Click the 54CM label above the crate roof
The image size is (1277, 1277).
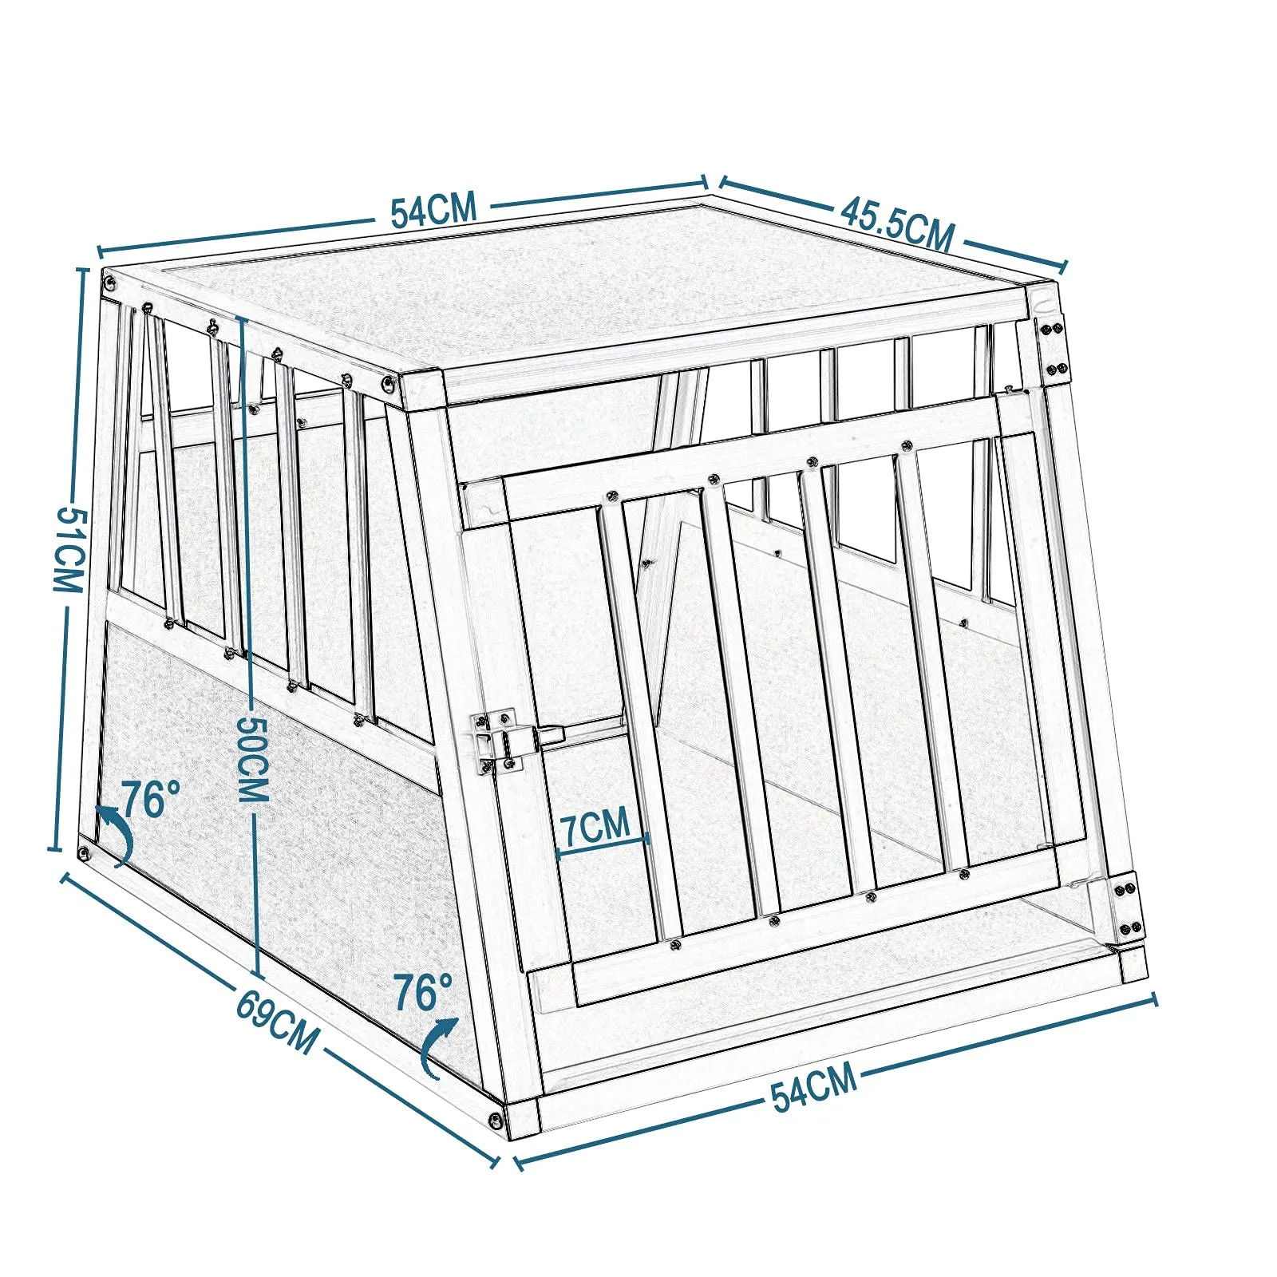pos(433,209)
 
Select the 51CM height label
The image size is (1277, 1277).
pos(69,550)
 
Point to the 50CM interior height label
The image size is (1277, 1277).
pos(255,758)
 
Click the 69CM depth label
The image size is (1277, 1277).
pos(277,1024)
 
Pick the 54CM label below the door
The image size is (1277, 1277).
pos(814,1086)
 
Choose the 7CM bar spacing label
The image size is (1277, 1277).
pos(595,827)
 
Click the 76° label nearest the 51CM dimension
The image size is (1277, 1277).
pos(150,798)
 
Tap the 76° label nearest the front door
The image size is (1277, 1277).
pos(423,992)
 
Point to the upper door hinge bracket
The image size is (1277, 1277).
pos(1051,348)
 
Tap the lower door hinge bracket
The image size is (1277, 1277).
pos(1127,907)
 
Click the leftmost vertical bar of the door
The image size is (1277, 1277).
pos(638,718)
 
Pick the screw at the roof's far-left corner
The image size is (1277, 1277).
pos(109,280)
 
